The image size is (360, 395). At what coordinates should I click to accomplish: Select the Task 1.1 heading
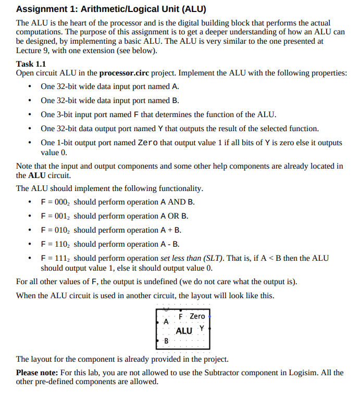(x=32, y=64)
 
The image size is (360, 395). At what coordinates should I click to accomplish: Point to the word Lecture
(x=30, y=51)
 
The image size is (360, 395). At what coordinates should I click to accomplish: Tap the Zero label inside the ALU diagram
(x=197, y=316)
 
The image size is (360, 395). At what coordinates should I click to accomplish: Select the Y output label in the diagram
(x=202, y=328)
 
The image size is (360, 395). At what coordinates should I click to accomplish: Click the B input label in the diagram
(x=166, y=341)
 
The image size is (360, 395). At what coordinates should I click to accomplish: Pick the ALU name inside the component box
(x=184, y=331)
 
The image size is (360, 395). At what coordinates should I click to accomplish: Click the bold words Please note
(x=37, y=373)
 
